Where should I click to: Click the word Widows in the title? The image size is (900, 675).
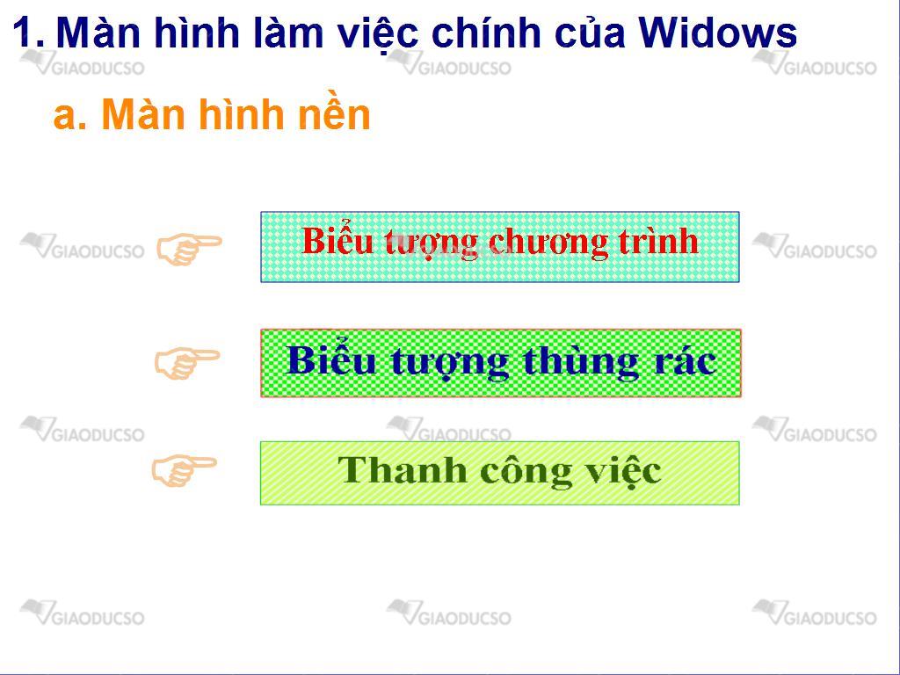click(x=717, y=33)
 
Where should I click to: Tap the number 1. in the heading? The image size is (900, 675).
click(x=28, y=33)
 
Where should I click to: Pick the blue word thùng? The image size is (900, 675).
click(x=581, y=363)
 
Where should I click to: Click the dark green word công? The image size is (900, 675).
click(x=526, y=472)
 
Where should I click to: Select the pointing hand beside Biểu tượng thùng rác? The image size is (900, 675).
click(x=187, y=363)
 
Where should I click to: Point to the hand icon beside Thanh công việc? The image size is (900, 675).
click(x=185, y=470)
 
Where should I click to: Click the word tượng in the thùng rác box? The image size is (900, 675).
click(x=449, y=363)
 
